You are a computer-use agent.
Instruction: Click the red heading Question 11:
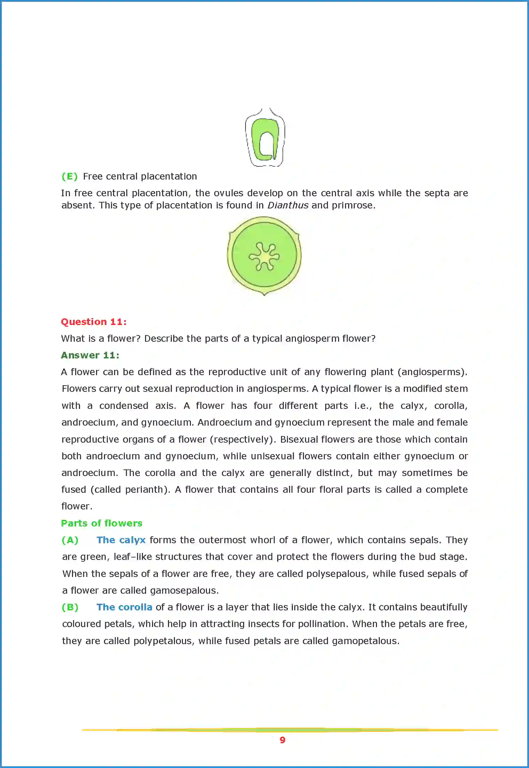[x=94, y=322]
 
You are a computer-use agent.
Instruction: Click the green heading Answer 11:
[x=90, y=355]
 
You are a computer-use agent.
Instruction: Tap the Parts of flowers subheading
[x=102, y=523]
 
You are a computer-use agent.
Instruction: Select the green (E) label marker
[x=70, y=176]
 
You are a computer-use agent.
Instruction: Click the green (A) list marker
[x=70, y=540]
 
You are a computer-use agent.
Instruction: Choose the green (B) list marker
[x=70, y=607]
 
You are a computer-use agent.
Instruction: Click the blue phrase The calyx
[x=121, y=540]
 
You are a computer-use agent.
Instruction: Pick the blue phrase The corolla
[x=124, y=607]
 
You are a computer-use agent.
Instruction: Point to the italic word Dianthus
[x=288, y=205]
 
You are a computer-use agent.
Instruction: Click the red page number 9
[x=282, y=740]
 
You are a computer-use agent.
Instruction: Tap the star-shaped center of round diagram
[x=264, y=257]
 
